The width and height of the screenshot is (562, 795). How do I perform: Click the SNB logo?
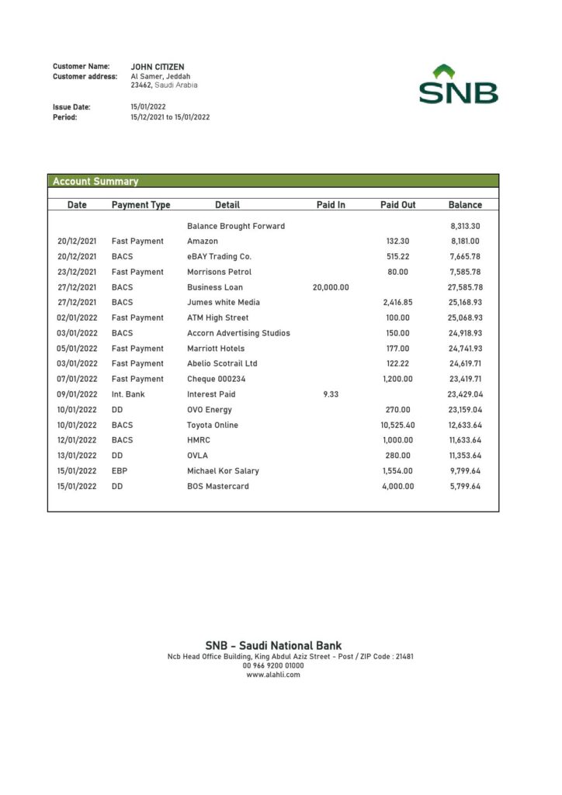pos(459,85)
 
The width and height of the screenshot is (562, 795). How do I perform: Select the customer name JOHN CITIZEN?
pos(158,67)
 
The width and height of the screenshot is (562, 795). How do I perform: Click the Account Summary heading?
pos(95,182)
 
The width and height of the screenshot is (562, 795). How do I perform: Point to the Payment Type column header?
pos(140,205)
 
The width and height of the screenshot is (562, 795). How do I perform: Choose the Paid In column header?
pos(331,205)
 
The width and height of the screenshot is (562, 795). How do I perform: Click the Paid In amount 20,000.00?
pos(331,287)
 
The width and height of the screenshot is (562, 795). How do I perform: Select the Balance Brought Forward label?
pos(236,226)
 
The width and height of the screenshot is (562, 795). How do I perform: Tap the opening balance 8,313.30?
pos(465,226)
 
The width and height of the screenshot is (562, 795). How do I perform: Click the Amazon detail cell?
pos(203,241)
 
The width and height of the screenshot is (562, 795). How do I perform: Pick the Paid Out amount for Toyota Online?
pos(397,425)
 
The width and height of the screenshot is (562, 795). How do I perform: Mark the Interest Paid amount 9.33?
pos(331,394)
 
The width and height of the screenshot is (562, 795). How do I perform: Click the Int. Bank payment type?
pos(129,394)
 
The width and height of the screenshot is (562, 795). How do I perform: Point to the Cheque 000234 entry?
pos(221,379)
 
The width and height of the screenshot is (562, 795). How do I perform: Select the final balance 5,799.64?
pos(465,486)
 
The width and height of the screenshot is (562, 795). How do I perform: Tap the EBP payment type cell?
pos(120,470)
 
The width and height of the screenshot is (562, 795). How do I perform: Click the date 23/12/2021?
pos(77,272)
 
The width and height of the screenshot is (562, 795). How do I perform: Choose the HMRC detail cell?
pos(199,440)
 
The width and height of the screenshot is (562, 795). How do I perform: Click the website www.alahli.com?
pos(273,675)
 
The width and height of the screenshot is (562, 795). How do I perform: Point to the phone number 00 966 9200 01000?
pos(273,665)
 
